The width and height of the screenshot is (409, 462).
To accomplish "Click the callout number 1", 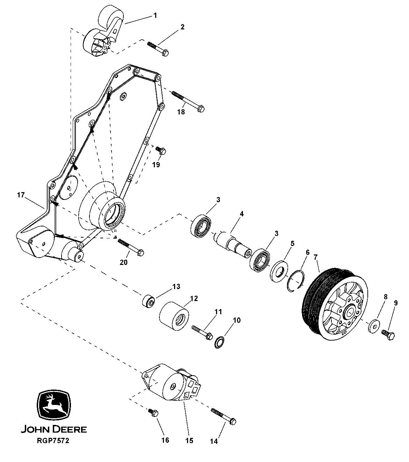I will point(155,15).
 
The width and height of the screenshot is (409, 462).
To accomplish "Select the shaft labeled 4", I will point(233,244).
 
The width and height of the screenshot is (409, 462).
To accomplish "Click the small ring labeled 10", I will point(220,342).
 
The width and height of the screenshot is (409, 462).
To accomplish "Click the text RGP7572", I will point(53,441).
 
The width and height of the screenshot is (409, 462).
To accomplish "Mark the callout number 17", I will point(21,195).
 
